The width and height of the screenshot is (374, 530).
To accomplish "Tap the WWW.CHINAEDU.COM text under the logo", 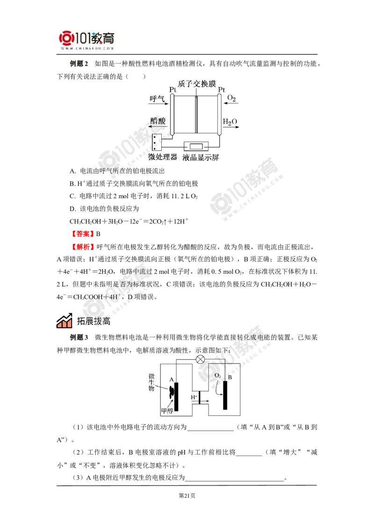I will point(87,48).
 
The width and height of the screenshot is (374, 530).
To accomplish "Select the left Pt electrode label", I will point(173,89).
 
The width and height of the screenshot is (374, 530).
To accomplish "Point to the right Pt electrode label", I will point(221,89).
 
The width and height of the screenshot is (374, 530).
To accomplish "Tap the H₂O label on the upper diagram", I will point(230,123).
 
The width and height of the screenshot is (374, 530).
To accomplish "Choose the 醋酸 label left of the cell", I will point(158,121).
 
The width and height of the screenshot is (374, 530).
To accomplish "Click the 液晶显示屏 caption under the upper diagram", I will point(201,157).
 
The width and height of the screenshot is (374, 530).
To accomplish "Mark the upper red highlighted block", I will point(82,233).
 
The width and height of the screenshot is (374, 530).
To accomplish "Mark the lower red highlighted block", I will point(83,246).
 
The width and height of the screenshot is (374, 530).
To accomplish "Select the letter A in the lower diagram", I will point(172,379).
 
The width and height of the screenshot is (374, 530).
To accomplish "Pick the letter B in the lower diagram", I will point(230,377).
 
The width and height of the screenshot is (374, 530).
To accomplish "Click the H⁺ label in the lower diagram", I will point(194,397).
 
